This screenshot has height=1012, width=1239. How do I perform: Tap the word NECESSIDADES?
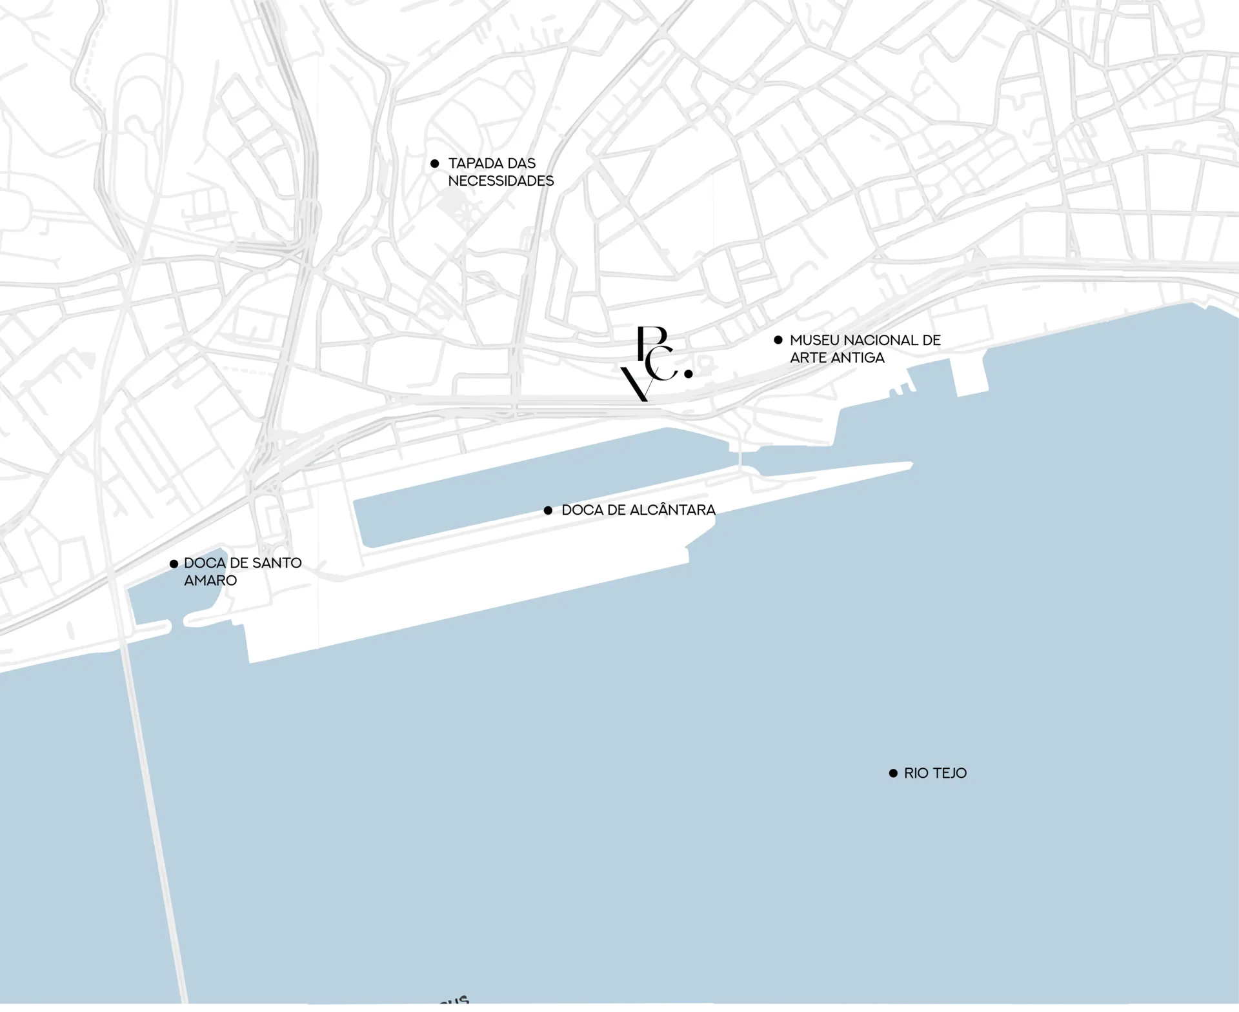click(x=501, y=181)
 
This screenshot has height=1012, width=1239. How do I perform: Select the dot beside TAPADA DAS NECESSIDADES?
click(x=435, y=164)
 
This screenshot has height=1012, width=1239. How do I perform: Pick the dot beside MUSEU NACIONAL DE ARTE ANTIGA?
click(x=778, y=340)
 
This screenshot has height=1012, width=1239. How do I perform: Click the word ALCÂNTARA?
click(x=672, y=510)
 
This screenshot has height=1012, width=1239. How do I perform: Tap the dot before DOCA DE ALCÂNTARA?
click(x=548, y=510)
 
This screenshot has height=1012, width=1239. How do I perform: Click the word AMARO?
click(x=210, y=580)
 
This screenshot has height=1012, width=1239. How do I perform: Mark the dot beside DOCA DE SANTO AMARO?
click(x=174, y=564)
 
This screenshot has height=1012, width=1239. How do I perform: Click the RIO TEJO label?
click(x=934, y=773)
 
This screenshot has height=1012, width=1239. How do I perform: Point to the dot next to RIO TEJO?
click(x=893, y=773)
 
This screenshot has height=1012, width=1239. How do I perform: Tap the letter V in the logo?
click(x=636, y=385)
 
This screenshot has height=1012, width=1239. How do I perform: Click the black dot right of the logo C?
click(x=689, y=373)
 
